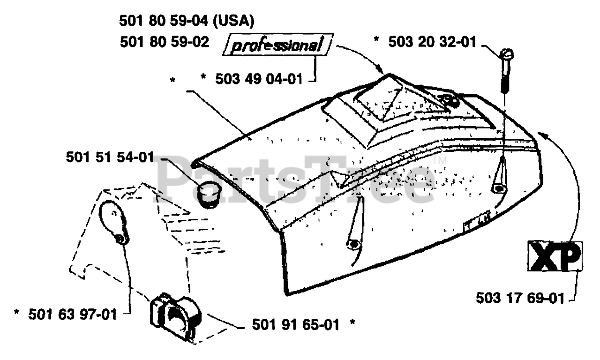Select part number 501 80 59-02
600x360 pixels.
click(x=165, y=42)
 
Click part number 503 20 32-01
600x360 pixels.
click(x=431, y=42)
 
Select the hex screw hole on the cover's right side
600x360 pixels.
click(x=498, y=188)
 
